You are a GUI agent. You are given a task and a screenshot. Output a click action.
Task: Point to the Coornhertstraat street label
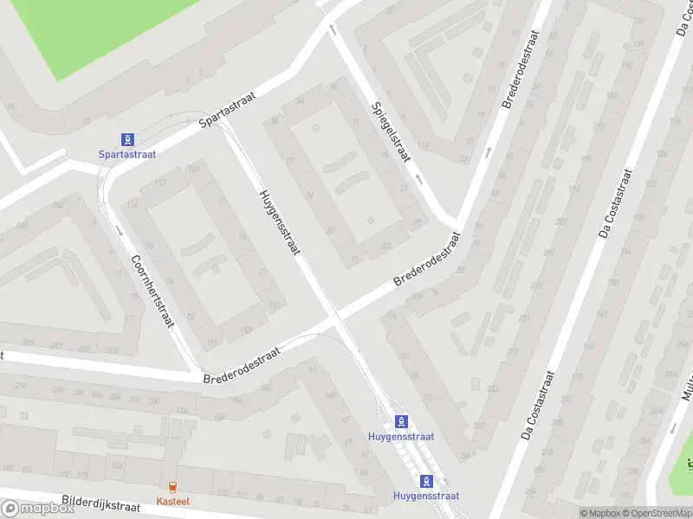click(152, 290)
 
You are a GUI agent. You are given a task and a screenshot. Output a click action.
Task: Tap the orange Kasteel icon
click(172, 487)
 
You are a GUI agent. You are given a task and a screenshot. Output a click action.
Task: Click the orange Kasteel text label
click(172, 501)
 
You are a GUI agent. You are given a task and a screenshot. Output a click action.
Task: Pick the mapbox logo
click(37, 509)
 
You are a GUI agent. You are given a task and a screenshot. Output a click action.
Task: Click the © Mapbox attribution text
click(599, 513)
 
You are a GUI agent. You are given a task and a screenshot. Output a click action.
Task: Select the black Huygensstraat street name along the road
click(279, 221)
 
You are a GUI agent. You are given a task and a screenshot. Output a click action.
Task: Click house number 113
click(245, 330)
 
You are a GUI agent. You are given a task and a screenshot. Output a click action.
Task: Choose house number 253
click(492, 389)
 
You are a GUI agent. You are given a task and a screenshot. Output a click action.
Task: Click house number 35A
click(645, 441)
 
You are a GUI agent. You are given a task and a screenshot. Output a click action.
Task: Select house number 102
click(193, 168)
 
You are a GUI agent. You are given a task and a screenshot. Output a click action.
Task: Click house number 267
click(479, 426)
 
